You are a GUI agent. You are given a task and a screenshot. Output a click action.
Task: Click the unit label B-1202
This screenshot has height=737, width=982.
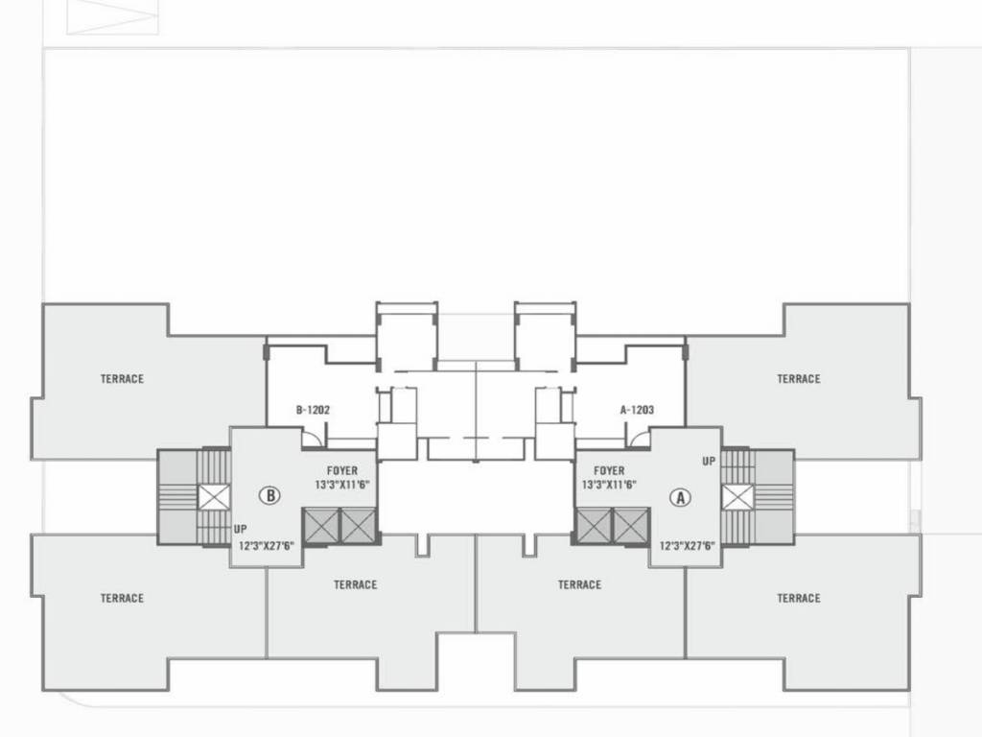(313, 410)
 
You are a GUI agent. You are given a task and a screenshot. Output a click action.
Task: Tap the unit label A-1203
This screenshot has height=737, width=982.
(637, 410)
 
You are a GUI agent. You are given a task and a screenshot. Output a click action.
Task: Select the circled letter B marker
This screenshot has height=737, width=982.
(271, 496)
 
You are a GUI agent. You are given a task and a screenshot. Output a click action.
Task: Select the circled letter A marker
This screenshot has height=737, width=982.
(680, 497)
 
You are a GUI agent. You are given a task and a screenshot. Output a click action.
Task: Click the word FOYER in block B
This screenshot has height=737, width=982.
(341, 471)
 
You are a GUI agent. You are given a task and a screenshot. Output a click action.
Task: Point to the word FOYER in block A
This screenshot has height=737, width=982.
(608, 471)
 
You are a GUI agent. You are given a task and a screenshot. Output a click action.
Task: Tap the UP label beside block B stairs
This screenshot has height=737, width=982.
(240, 529)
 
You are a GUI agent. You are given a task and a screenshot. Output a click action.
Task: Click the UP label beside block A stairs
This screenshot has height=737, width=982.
(709, 462)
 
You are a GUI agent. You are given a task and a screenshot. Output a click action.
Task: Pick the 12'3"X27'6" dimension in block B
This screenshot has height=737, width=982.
(266, 546)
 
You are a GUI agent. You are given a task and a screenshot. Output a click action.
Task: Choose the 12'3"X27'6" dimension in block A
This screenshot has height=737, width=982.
(688, 546)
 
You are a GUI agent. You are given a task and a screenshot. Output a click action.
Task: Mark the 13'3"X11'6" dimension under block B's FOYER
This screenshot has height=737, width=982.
(341, 485)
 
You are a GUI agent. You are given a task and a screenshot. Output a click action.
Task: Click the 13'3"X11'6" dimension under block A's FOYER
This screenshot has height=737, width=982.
(608, 485)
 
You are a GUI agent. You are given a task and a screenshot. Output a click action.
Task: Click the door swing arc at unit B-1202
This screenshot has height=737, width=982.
(313, 438)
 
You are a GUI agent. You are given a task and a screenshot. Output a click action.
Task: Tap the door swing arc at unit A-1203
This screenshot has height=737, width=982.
(637, 438)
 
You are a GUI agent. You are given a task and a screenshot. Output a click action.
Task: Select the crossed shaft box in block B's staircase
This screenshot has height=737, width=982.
(214, 497)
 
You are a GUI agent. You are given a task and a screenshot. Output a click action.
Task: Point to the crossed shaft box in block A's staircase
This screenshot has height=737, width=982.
(737, 497)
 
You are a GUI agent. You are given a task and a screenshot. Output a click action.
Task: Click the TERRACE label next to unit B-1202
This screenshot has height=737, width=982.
(122, 379)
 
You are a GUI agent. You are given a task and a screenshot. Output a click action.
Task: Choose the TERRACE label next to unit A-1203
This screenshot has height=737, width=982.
(798, 379)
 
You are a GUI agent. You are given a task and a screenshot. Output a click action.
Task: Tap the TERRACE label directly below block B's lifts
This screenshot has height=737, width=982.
(355, 584)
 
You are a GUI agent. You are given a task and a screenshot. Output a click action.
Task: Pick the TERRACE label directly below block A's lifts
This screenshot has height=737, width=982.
(579, 584)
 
